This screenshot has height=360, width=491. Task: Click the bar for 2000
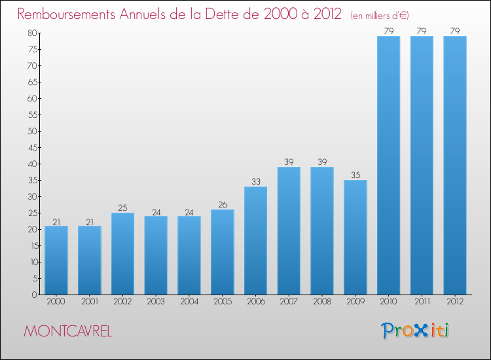(56, 260)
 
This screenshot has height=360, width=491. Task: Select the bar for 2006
(255, 240)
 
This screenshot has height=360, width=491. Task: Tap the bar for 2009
(355, 237)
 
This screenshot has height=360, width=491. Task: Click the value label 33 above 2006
(255, 181)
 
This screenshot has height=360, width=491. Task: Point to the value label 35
(355, 175)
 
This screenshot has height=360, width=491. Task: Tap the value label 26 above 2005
(222, 204)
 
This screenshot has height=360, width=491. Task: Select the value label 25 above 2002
(122, 207)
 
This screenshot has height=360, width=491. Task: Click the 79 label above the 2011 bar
(422, 31)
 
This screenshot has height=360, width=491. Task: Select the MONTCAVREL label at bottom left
(67, 331)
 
